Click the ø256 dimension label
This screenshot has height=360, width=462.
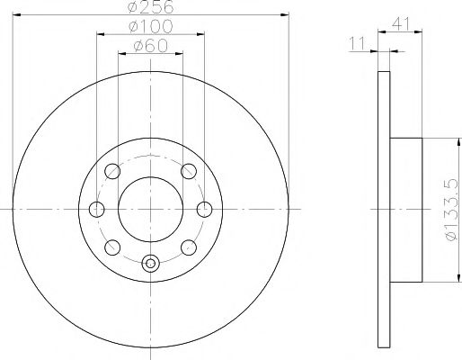(x=150, y=7)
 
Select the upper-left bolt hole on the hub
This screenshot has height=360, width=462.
(x=113, y=171)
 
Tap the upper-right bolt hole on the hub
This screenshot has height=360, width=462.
(x=188, y=171)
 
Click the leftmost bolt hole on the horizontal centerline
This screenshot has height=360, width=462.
(x=97, y=210)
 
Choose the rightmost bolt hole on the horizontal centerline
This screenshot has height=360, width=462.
(x=205, y=210)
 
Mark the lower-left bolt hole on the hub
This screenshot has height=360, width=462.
(x=113, y=247)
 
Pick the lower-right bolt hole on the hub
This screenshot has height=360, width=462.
(x=188, y=247)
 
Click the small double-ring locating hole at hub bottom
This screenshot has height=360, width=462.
(x=150, y=263)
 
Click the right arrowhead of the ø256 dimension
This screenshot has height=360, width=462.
(x=285, y=15)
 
